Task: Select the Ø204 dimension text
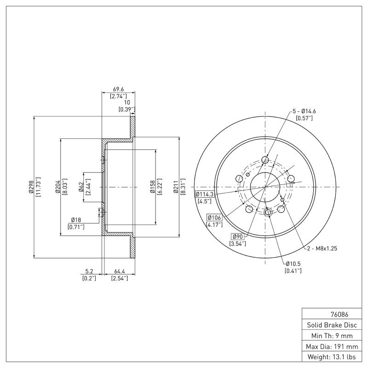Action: pyautogui.click(x=57, y=187)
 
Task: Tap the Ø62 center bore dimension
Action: pyautogui.click(x=80, y=187)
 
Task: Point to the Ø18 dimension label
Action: pyautogui.click(x=76, y=220)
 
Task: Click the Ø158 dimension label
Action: pyautogui.click(x=152, y=187)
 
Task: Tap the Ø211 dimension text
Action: pyautogui.click(x=176, y=187)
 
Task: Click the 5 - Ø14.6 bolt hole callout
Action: pyautogui.click(x=304, y=111)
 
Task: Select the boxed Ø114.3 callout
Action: pyautogui.click(x=206, y=194)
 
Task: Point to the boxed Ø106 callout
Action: pyautogui.click(x=215, y=218)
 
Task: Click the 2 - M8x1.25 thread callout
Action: pyautogui.click(x=322, y=248)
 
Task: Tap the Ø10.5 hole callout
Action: pyautogui.click(x=293, y=264)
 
